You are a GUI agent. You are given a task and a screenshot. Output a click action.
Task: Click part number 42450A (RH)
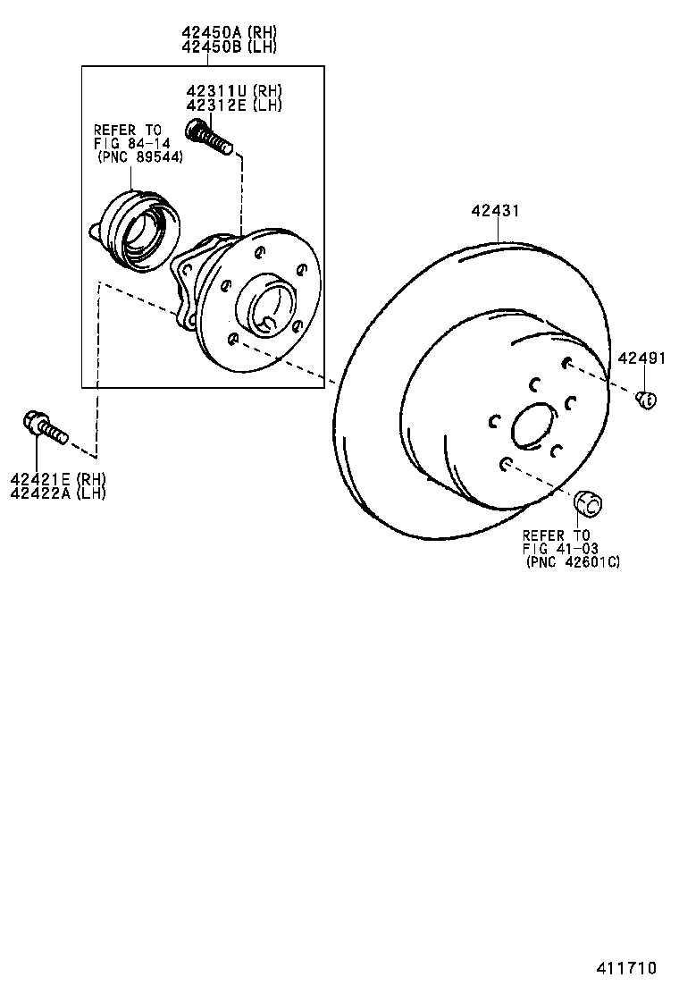tap(230, 33)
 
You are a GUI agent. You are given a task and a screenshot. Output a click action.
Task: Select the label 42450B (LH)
tap(230, 47)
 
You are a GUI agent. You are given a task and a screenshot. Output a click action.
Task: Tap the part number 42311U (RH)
tap(234, 91)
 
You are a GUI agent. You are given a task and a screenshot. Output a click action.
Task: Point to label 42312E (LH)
tap(234, 105)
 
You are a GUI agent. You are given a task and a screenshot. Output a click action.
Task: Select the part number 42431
tap(496, 212)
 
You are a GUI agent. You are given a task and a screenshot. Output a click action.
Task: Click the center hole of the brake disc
tap(534, 425)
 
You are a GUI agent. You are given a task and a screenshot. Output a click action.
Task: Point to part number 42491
tap(641, 358)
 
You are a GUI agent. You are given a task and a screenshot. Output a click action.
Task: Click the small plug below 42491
tap(647, 400)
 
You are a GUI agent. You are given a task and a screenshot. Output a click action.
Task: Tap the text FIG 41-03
tap(560, 549)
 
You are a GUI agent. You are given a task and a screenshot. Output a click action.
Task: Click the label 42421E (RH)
tap(58, 480)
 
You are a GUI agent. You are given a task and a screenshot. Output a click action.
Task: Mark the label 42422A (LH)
tap(58, 493)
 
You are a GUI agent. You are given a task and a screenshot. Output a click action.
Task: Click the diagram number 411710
tap(627, 969)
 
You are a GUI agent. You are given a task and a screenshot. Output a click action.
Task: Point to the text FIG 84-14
tap(132, 143)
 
